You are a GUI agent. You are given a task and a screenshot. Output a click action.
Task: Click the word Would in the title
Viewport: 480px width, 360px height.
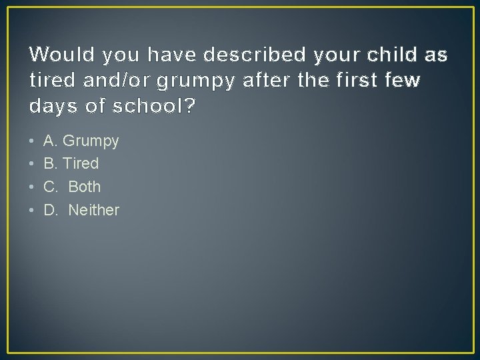pos(56,54)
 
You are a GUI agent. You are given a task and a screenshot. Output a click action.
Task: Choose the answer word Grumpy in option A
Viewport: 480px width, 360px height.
pos(91,141)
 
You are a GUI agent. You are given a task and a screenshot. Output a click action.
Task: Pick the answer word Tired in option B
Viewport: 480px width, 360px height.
pos(80,163)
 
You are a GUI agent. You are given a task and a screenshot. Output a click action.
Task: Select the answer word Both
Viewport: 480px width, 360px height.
pos(85,187)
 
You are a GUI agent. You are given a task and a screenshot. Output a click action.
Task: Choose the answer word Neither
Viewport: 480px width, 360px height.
pos(94,210)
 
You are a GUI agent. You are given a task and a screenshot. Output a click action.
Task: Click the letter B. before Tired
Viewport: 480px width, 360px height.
pos(50,163)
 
